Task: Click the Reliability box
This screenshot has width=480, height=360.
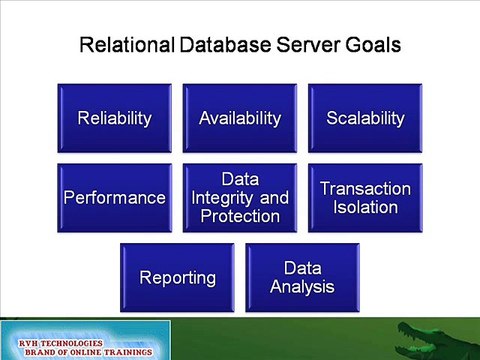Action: pos(115,118)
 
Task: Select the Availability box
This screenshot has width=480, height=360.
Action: pos(240,118)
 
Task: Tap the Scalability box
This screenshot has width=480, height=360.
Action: pos(365,118)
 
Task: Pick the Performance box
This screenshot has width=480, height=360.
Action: pos(115,197)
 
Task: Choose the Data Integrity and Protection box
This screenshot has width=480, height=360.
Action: pos(240,197)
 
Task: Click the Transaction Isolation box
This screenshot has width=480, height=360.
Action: pos(365,197)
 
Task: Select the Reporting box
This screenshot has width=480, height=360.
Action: pos(178,277)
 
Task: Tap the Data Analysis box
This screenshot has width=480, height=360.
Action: pos(302,277)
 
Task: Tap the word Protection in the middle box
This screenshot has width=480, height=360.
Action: pos(240,215)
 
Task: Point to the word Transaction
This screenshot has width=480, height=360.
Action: pos(365,189)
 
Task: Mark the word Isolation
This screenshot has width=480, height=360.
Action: pos(365,208)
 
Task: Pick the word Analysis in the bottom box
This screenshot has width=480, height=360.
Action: pos(302,287)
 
